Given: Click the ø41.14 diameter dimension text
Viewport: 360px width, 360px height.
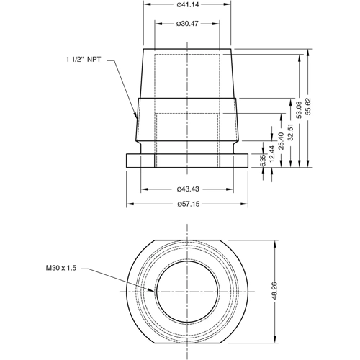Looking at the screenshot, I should tap(188, 5).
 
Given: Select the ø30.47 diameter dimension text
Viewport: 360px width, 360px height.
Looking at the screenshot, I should tap(188, 24).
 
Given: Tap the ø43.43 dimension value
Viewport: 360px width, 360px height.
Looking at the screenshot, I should tap(188, 189).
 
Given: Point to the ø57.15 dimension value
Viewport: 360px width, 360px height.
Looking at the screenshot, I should tap(188, 204).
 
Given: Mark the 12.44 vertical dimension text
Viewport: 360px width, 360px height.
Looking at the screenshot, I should tap(271, 153).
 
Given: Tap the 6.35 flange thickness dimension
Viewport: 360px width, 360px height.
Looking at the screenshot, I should tap(263, 160).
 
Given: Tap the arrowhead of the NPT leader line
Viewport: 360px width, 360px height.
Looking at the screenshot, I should tap(136, 117).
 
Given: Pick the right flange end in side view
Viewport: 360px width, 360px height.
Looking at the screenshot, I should tap(246, 160).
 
